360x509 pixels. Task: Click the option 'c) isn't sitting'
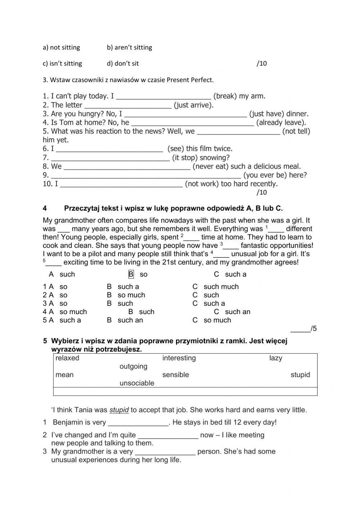62,63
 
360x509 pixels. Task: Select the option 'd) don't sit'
123,63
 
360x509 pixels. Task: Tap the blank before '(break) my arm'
164,96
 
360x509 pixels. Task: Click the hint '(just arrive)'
194,105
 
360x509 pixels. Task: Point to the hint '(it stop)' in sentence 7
185,158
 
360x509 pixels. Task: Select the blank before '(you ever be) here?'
146,175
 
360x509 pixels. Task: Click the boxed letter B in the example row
131,274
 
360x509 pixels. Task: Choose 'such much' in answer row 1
221,287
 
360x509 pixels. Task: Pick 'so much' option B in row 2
131,295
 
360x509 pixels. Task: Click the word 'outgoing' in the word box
133,367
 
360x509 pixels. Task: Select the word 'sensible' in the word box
175,375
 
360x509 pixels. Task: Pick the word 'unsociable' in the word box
137,383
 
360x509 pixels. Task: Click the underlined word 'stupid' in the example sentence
119,410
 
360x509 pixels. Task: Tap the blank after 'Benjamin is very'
138,423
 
